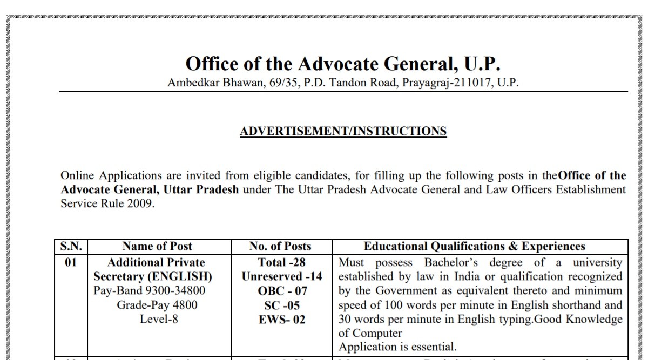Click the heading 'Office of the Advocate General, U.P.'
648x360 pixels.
343,64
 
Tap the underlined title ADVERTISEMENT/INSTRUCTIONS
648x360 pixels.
343,131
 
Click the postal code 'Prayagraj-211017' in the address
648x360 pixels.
447,83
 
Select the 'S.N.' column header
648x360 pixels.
71,247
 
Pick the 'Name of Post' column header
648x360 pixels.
157,247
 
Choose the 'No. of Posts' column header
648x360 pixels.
280,247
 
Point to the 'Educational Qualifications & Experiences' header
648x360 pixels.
474,247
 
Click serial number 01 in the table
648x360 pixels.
71,263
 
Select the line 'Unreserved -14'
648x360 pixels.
282,277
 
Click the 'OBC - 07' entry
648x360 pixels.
282,291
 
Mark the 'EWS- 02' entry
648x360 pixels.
282,320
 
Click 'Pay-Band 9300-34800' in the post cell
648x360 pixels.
150,291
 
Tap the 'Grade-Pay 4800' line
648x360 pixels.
157,305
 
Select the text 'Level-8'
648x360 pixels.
159,319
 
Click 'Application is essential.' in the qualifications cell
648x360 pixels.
397,347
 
